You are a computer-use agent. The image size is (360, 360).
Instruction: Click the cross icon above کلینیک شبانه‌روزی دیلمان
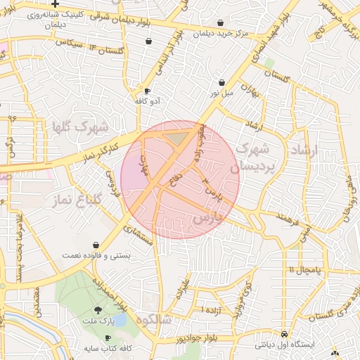coord(55,4)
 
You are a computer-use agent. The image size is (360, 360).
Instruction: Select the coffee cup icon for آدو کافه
coord(147,91)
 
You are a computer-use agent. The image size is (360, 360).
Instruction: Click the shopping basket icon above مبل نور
coord(221,82)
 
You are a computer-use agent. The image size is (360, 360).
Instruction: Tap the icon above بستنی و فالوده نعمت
coord(96,245)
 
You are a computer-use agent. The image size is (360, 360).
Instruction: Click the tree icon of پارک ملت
coord(97,310)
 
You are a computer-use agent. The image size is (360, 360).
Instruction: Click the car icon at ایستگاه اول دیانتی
coord(284,335)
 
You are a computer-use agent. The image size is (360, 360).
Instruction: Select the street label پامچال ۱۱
coord(304,269)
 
